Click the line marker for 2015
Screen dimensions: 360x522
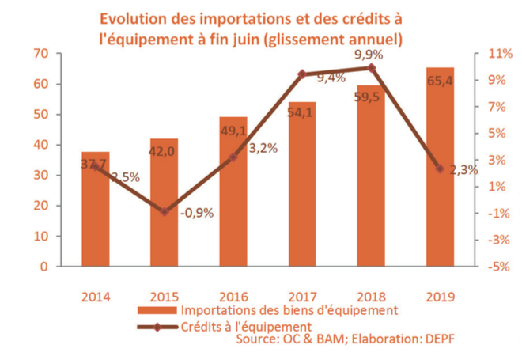(x=165, y=212)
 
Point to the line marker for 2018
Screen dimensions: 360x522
(x=372, y=67)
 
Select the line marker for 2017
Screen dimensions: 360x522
(x=302, y=74)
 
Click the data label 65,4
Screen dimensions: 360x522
(x=441, y=81)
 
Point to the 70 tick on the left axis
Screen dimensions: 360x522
(x=40, y=53)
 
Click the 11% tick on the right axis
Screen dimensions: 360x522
(x=496, y=53)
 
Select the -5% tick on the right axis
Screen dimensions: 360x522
(x=495, y=267)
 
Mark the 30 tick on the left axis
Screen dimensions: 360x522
(x=40, y=175)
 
